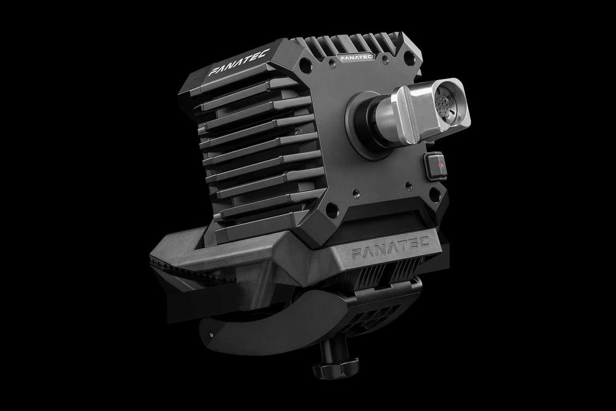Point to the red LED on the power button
point(438,165)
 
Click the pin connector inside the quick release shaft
point(448,102)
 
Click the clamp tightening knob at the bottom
point(331,370)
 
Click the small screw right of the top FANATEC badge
point(384,59)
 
